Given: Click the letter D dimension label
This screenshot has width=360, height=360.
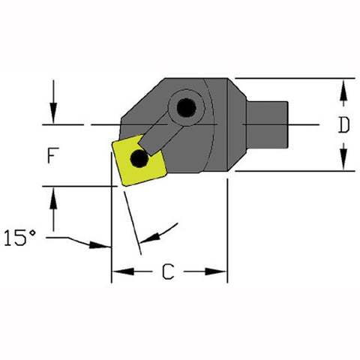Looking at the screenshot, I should coord(343,125).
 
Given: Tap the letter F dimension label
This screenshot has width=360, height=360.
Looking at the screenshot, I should coord(52,156).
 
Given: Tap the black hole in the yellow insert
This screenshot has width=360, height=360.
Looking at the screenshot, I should coord(138,158).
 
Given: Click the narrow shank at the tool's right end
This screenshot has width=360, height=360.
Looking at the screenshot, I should coord(270,124).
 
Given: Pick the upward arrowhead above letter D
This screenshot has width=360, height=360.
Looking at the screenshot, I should coord(343,88).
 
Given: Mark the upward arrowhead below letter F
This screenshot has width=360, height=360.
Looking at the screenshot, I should coord(53,196).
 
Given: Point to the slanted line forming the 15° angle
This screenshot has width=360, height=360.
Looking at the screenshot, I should coord(131,217).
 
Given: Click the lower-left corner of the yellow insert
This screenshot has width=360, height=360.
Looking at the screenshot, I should coord(119,184).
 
